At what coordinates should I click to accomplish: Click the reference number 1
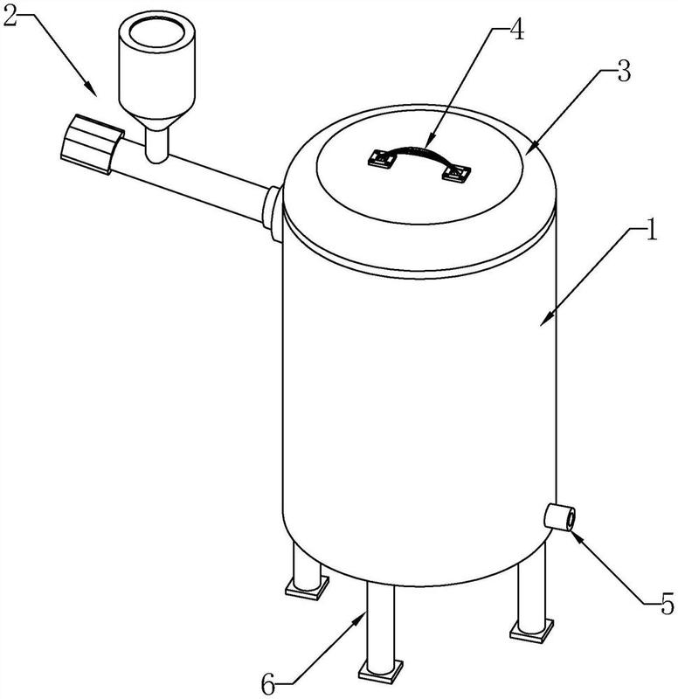pyautogui.click(x=651, y=229)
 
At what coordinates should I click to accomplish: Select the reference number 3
pyautogui.click(x=624, y=71)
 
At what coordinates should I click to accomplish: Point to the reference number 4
pyautogui.click(x=517, y=30)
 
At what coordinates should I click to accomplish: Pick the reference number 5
pyautogui.click(x=668, y=605)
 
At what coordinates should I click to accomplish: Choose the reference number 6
pyautogui.click(x=268, y=684)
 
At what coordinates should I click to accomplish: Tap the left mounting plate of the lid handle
pyautogui.click(x=382, y=158)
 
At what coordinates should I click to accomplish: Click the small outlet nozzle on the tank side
pyautogui.click(x=559, y=516)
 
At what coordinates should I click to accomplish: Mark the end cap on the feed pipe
pyautogui.click(x=92, y=143)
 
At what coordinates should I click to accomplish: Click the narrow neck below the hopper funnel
pyautogui.click(x=156, y=145)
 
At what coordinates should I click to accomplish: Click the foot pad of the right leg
pyautogui.click(x=532, y=629)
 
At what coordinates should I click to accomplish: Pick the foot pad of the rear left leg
pyautogui.click(x=307, y=587)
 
